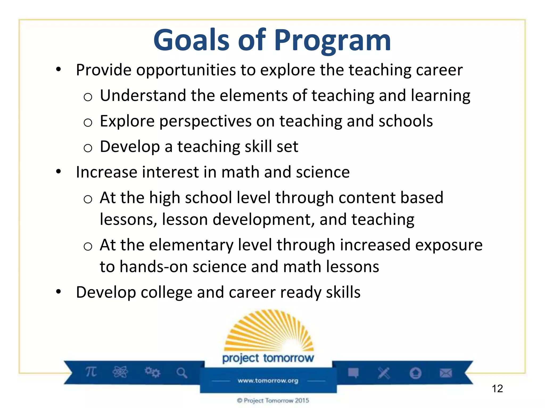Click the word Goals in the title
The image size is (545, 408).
191,40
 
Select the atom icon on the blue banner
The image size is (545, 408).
120,372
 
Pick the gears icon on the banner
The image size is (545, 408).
152,372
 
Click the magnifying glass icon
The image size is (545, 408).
182,373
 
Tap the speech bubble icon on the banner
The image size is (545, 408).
353,373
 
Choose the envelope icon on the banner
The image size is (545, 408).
446,373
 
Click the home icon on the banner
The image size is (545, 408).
415,373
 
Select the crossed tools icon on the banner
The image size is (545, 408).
384,373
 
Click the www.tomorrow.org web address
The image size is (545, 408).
268,381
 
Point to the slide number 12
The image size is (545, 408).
497,389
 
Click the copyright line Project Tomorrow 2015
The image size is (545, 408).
273,400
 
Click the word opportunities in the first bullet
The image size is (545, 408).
186,70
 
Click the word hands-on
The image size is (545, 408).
154,267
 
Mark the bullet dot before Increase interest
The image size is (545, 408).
59,172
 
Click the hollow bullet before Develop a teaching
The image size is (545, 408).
88,148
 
